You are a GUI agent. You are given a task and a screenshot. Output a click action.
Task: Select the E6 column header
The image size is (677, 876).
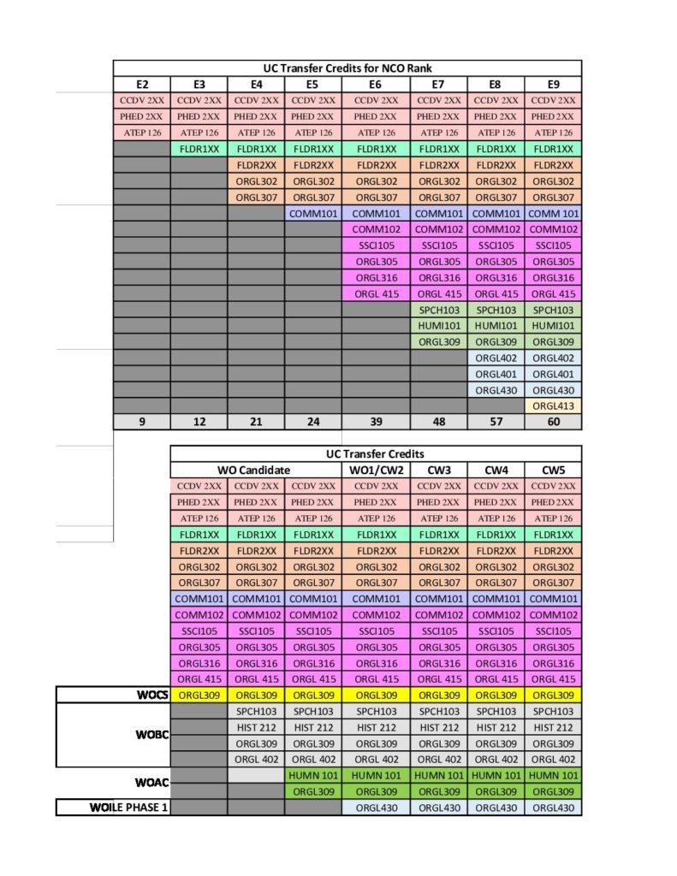[376, 84]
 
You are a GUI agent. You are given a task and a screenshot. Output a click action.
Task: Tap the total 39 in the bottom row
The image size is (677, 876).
[376, 422]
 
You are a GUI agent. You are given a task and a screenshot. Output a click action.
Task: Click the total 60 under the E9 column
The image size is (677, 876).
[553, 422]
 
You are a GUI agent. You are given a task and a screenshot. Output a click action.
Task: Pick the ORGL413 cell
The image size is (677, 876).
[553, 405]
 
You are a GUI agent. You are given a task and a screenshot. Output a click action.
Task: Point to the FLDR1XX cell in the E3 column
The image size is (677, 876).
[199, 149]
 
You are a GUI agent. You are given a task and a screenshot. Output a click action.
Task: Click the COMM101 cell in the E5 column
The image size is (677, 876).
[312, 213]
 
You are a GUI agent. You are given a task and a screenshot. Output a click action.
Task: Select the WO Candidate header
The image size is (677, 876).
[256, 470]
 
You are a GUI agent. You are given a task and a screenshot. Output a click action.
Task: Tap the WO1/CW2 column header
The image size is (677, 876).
[376, 470]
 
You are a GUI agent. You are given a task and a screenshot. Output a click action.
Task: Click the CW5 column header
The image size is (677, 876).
[553, 470]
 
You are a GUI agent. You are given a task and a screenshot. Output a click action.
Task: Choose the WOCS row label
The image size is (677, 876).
[153, 695]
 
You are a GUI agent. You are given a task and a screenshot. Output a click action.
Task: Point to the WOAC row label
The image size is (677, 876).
[151, 783]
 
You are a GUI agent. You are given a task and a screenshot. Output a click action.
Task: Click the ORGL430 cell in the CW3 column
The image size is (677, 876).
[438, 807]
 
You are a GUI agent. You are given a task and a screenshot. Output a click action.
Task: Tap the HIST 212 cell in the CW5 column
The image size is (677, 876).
[553, 727]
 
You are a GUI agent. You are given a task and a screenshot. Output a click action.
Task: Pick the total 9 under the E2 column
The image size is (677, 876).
[142, 422]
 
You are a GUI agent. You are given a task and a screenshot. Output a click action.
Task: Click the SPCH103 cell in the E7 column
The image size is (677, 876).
[438, 310]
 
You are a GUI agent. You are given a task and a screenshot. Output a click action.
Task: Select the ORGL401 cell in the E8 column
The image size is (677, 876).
[496, 374]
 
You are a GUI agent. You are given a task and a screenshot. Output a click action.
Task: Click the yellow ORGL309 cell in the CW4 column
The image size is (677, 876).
[496, 695]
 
